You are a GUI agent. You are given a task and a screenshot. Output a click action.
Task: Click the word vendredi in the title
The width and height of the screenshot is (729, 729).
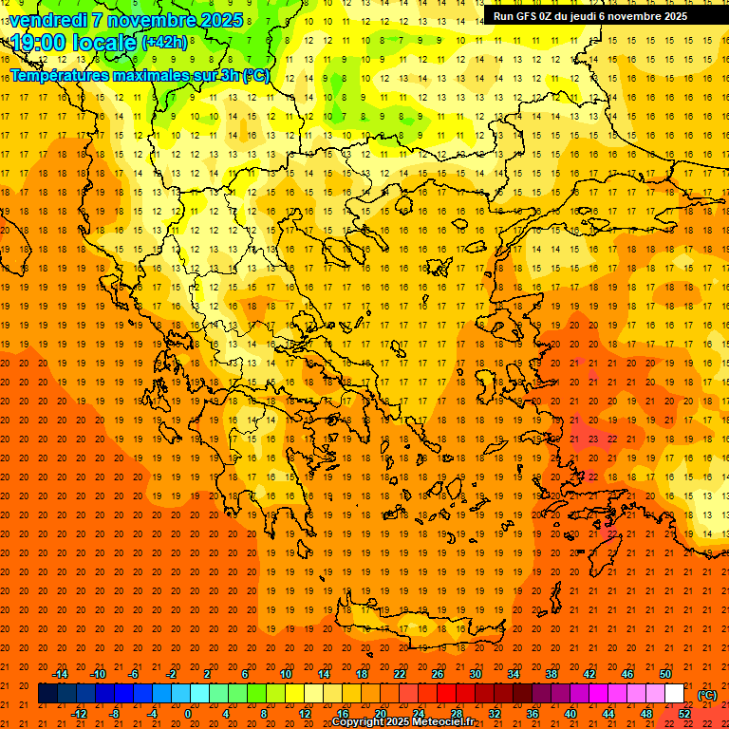coord(47,20)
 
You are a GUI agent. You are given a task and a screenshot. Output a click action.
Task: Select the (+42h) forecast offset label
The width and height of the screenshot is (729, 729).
coord(163,43)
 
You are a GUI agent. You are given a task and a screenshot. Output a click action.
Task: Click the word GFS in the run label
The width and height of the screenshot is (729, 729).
coord(529,16)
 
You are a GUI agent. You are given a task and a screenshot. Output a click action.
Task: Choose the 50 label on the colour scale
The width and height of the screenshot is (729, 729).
coord(665,674)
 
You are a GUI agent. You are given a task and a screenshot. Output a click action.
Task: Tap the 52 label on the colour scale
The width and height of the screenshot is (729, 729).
coord(684,714)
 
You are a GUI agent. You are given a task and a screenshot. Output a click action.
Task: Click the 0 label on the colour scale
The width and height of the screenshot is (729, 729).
coord(187,714)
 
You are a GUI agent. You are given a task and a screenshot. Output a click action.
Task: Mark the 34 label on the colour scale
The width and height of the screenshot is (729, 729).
coord(514,674)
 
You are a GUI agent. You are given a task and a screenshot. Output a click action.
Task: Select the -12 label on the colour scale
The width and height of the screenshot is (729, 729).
coord(79,714)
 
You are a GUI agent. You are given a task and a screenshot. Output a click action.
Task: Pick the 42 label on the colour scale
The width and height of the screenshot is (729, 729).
coord(589,674)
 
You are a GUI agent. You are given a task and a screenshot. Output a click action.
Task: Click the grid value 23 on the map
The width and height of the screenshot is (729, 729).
coord(592,439)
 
